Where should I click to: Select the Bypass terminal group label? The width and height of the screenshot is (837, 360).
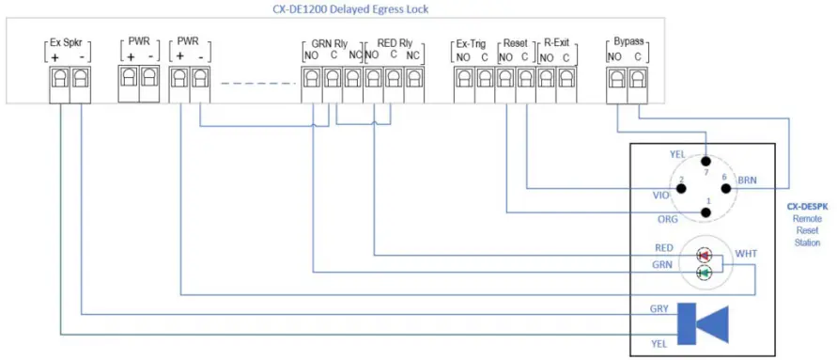(x=626, y=43)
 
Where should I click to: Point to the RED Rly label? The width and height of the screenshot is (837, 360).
(x=394, y=43)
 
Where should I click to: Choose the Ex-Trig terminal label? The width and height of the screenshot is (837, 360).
(x=472, y=43)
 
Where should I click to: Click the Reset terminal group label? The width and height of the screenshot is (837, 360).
(x=515, y=43)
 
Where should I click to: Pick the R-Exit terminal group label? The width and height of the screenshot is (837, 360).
(x=556, y=43)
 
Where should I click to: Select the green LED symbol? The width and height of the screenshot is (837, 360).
(x=704, y=274)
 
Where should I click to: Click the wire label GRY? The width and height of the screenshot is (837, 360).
(x=659, y=308)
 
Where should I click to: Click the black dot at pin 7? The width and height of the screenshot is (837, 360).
(x=705, y=162)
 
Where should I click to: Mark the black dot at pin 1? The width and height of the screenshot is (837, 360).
(x=706, y=211)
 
